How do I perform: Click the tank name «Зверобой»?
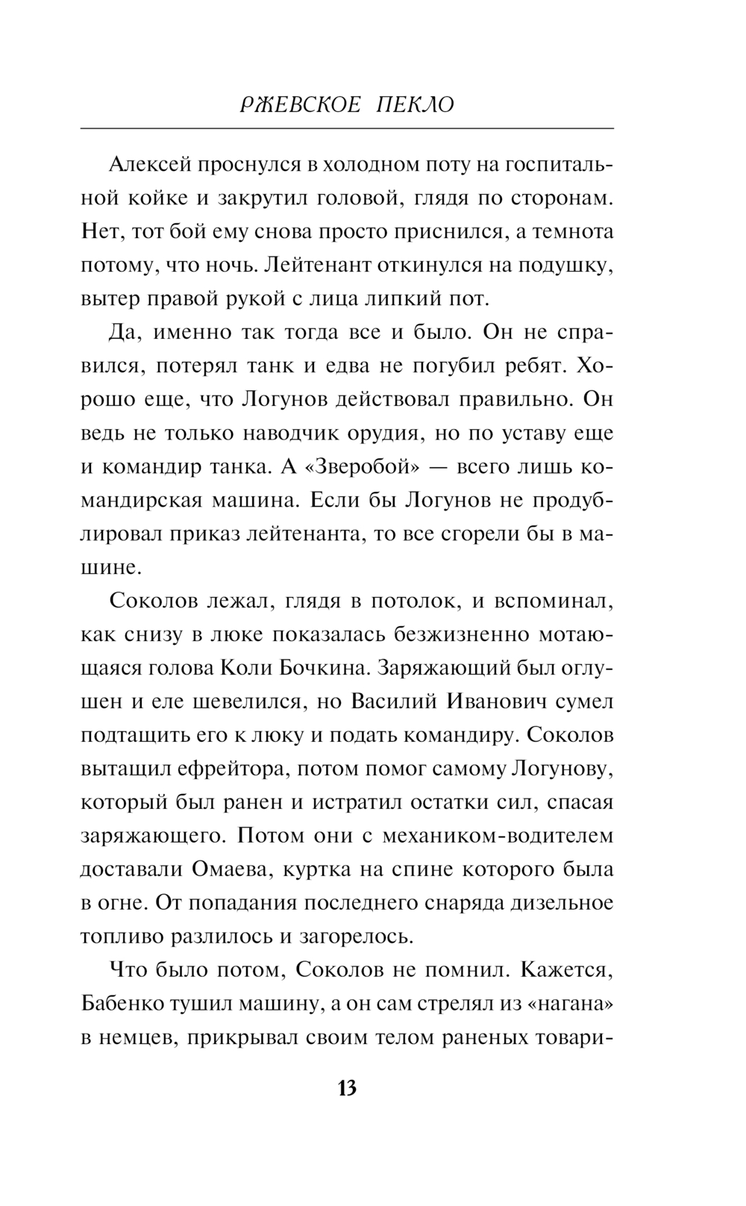[360, 466]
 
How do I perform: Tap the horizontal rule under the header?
[347, 128]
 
